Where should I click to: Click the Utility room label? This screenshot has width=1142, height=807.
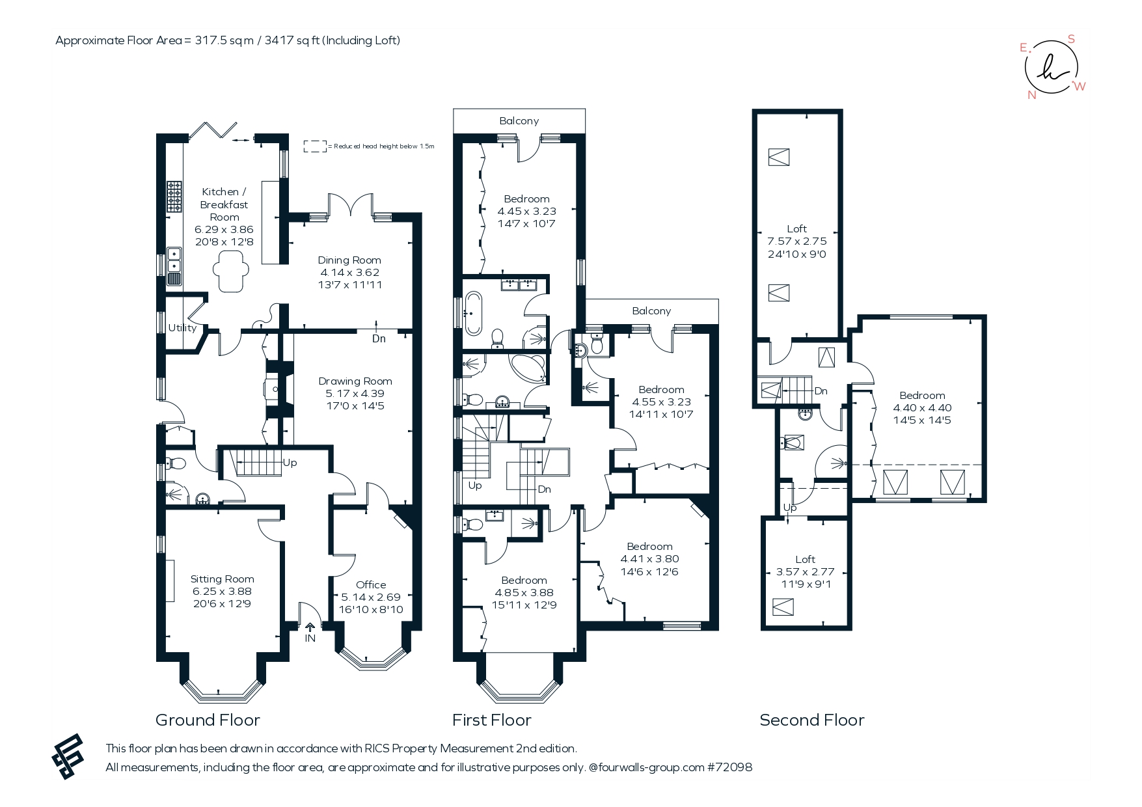tap(182, 328)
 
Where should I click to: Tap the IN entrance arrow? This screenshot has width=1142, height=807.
tap(310, 627)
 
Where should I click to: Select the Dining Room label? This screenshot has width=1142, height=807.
tap(349, 260)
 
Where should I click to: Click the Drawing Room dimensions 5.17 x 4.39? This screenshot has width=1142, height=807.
tap(355, 394)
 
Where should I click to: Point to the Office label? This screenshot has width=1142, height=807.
tap(371, 585)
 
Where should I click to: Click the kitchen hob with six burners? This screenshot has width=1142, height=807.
tap(174, 197)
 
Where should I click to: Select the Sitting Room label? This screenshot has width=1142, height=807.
tap(222, 579)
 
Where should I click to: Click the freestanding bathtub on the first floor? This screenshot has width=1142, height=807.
tap(473, 314)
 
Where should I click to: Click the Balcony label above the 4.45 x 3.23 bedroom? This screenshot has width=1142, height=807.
tap(519, 121)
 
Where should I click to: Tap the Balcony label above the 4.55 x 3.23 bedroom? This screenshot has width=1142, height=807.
tap(651, 311)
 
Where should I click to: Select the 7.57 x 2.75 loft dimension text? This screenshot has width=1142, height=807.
tap(797, 241)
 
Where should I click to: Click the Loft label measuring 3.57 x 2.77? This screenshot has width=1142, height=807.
tap(806, 560)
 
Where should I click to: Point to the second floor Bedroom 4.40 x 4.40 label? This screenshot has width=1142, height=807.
tap(922, 396)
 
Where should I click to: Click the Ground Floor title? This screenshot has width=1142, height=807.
tap(208, 720)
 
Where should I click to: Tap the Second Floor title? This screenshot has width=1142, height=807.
tap(812, 720)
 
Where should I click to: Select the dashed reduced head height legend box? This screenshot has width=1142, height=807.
tap(316, 146)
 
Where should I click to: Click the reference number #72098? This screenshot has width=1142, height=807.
tap(730, 767)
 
